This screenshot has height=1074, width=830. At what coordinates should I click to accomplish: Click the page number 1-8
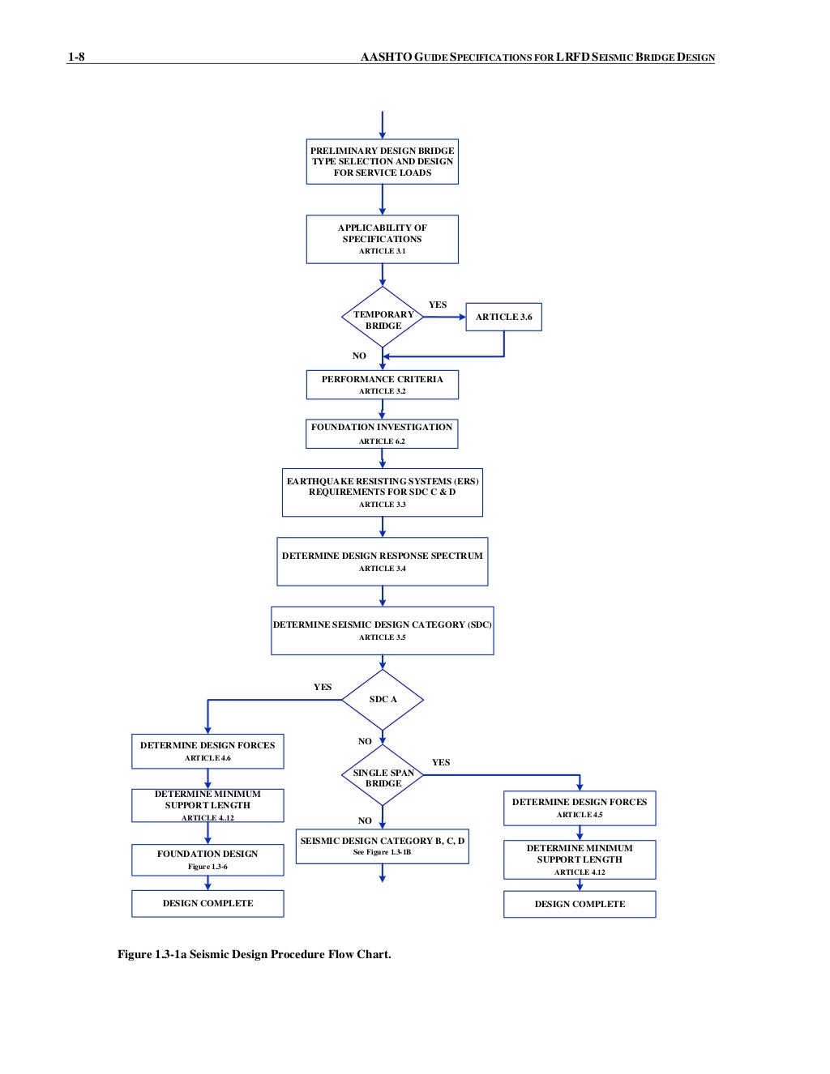[76, 57]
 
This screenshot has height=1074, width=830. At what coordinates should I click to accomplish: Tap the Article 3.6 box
[503, 317]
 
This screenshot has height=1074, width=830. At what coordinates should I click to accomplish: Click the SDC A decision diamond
[383, 699]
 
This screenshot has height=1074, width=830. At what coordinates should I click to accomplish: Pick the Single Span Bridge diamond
[383, 777]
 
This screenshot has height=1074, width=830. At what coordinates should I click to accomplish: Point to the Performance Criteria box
[382, 385]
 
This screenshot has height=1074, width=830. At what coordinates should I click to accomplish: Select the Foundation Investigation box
[382, 433]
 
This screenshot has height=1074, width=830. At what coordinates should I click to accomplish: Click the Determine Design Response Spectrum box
[382, 561]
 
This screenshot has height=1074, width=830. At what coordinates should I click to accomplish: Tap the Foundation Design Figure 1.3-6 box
[207, 859]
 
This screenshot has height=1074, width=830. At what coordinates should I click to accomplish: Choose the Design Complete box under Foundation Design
[207, 903]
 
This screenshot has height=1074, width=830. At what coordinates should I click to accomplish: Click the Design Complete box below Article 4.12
[580, 904]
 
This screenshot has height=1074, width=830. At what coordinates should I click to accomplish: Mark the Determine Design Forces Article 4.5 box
[580, 808]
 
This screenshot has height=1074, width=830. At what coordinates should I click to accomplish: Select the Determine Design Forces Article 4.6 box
[207, 751]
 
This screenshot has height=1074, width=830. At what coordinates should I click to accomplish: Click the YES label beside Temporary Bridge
[438, 305]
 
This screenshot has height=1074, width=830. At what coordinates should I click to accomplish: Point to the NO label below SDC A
[365, 741]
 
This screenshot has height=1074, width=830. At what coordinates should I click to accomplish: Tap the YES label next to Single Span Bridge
[441, 762]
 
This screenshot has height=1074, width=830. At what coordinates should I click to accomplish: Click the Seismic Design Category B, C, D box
[382, 846]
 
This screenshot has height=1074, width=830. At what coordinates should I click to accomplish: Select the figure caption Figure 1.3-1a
[254, 954]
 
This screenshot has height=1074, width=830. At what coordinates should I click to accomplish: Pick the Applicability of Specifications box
[382, 239]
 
